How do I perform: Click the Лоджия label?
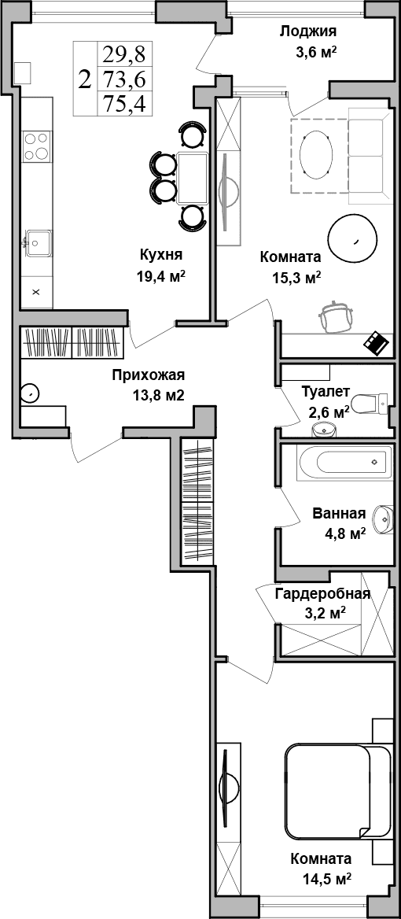point(308,31)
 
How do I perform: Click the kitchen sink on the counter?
point(37,239)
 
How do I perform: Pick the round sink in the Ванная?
point(383,516)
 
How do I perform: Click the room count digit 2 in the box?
point(84,79)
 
